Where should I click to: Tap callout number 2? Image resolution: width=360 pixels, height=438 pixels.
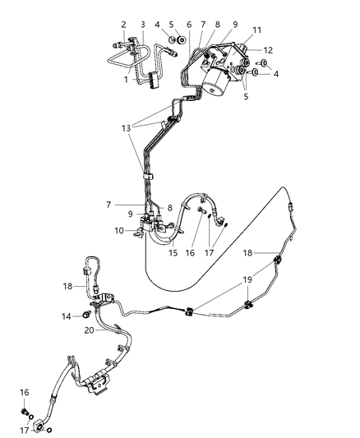tap(123, 24)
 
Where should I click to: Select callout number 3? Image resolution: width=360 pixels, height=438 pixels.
tap(141, 24)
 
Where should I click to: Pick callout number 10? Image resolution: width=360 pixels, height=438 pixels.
tap(118, 231)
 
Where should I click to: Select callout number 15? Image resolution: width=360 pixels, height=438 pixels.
tap(173, 253)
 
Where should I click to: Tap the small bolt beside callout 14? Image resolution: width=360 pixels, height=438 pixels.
tap(85, 315)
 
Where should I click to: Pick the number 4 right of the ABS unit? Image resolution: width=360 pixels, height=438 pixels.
tap(275, 73)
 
